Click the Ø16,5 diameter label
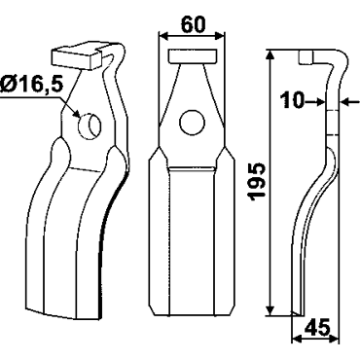coord(31,85)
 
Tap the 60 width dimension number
coord(193,24)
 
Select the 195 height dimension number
coord(257,182)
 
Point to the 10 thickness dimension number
coord(292,100)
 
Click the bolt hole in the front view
coord(192,123)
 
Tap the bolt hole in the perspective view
coord(90,126)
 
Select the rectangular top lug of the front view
coord(192,56)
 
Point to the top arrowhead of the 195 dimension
coord(270,54)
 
